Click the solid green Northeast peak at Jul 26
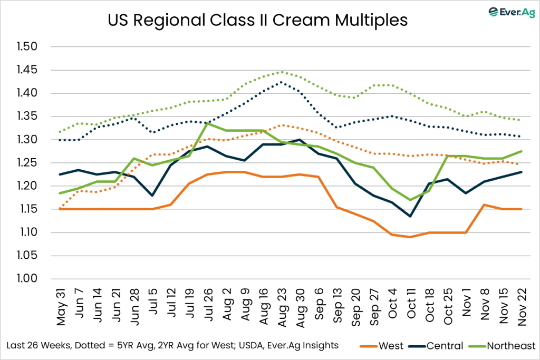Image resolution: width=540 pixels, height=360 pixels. click(x=207, y=123)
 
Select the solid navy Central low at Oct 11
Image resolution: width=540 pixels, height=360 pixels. click(x=410, y=216)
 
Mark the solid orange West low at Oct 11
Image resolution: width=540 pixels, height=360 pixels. click(x=410, y=237)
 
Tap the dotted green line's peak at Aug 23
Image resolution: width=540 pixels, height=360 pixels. click(x=281, y=72)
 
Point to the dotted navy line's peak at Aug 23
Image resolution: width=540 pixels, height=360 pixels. click(x=281, y=82)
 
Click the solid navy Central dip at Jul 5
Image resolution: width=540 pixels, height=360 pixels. click(x=152, y=196)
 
